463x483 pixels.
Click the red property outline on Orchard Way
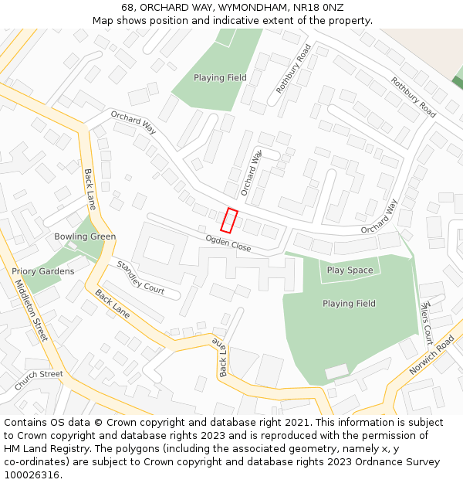(228, 220)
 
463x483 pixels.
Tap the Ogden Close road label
(228, 243)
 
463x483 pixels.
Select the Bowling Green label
(85, 236)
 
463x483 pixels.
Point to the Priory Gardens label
(43, 271)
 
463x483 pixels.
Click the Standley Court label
(140, 277)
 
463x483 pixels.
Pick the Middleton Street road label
(32, 311)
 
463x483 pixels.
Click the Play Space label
(350, 270)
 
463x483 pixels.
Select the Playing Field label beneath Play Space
(349, 304)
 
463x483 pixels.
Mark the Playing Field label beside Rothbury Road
(220, 78)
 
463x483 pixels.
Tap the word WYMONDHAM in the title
(242, 8)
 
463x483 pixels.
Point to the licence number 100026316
(31, 474)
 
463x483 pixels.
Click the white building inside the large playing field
(336, 372)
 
